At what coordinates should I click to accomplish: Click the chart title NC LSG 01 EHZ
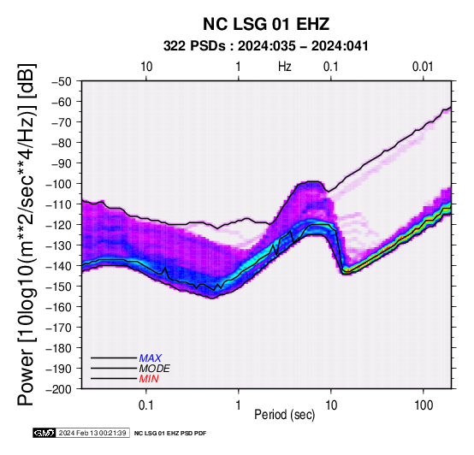pos(266,24)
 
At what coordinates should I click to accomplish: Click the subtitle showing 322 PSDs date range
pos(266,46)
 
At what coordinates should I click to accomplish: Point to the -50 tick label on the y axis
pos(62,81)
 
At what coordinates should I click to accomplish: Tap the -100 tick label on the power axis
pos(59,184)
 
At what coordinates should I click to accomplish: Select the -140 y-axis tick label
pos(59,266)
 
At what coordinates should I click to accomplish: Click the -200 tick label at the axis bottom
pos(59,389)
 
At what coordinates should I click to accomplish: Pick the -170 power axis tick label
pos(59,328)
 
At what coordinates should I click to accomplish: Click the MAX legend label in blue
pos(151,358)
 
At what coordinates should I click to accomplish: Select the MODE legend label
pos(155,369)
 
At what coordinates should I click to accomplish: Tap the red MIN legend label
pos(149,379)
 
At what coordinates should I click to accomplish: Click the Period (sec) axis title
pos(284,415)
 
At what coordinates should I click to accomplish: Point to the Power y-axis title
pos(27,234)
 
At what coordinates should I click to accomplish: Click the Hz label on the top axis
pos(284,67)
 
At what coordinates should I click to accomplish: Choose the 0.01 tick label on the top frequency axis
pos(423,67)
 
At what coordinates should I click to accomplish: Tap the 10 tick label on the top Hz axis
pos(146,67)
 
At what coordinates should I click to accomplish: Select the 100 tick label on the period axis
pos(424,405)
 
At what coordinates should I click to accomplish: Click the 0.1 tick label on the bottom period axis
pos(145,405)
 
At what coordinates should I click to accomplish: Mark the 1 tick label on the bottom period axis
pos(238,405)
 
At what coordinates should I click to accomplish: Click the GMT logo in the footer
pos(44,433)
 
